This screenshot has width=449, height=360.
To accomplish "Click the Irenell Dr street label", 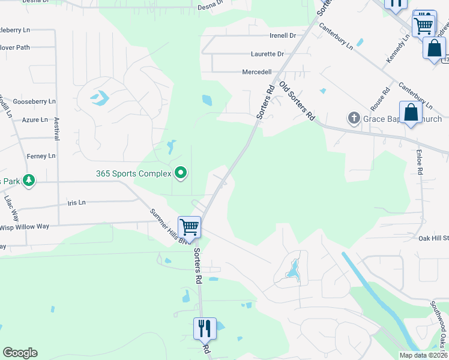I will click(283, 36).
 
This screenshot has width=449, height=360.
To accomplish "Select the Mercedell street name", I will click(256, 71).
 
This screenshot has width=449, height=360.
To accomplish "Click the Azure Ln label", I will click(35, 120).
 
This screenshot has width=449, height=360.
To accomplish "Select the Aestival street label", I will click(57, 129).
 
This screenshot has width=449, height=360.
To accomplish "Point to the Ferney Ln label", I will click(41, 156).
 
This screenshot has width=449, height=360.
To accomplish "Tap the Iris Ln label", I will click(77, 203).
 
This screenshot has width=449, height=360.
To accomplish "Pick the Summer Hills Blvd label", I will click(169, 226).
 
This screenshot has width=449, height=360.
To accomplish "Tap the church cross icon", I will click(354, 118).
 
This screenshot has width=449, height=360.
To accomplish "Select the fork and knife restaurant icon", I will click(205, 328).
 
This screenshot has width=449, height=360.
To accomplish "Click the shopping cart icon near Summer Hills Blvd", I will click(189, 227).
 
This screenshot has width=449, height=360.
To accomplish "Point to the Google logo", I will click(20, 353).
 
